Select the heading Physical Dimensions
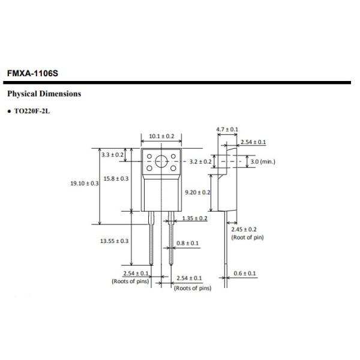point(43,94)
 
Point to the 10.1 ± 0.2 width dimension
point(161,137)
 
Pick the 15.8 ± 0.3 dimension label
point(116,179)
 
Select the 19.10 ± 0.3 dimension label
point(85,183)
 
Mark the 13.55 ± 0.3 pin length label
point(114,241)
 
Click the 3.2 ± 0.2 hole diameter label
point(200,162)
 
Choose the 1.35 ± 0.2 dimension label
point(194,218)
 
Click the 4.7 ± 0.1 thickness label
point(227,130)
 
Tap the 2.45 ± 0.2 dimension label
point(244,229)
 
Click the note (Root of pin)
point(247,238)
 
